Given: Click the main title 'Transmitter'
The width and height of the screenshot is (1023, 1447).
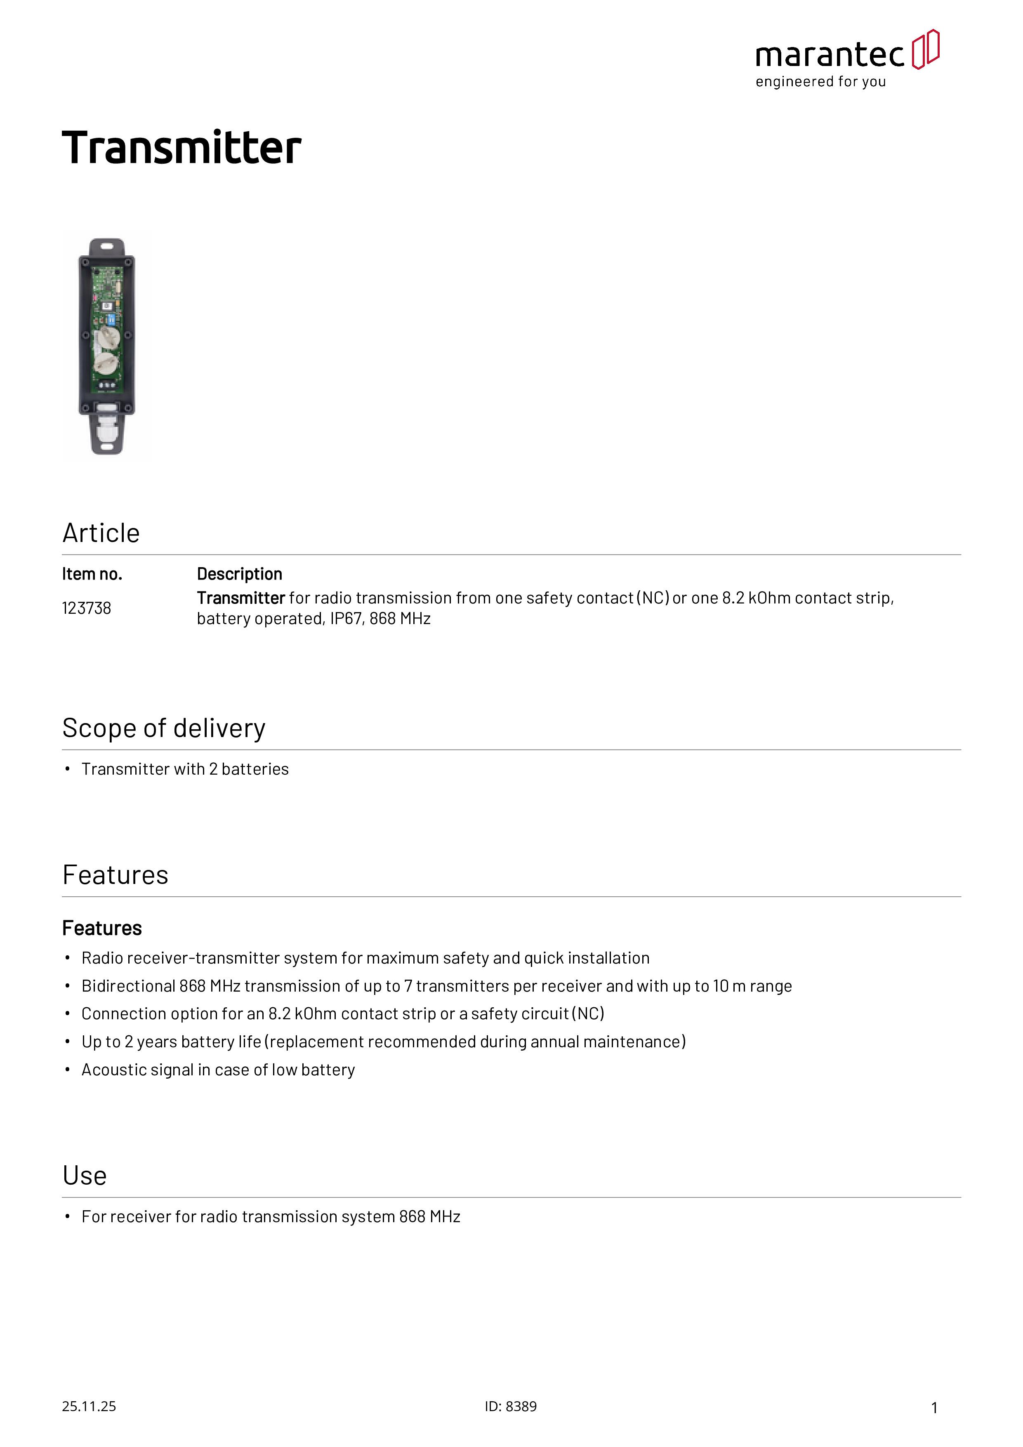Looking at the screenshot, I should [x=181, y=148].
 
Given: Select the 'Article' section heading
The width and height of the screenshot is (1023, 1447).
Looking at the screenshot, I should [x=101, y=533].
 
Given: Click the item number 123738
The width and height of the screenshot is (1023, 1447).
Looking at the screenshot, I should [x=86, y=608].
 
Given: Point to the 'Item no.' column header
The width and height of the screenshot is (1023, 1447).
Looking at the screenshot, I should [x=92, y=574].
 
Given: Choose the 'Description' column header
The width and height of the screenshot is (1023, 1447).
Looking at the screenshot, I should [x=240, y=574].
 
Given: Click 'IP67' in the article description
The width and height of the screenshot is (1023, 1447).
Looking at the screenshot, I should [x=345, y=619].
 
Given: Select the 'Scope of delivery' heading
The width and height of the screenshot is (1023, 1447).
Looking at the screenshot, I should [x=164, y=728].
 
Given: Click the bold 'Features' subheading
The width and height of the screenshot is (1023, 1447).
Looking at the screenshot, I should [x=102, y=929].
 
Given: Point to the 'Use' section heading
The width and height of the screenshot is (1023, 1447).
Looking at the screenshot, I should [x=85, y=1176].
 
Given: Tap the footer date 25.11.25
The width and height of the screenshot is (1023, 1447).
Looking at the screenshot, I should [x=89, y=1407].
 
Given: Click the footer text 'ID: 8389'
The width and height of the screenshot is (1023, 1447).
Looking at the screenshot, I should [x=511, y=1407].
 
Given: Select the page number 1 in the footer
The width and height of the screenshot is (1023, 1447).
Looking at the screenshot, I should [x=934, y=1408].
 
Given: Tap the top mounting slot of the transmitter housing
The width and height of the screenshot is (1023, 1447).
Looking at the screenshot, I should [x=106, y=245].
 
